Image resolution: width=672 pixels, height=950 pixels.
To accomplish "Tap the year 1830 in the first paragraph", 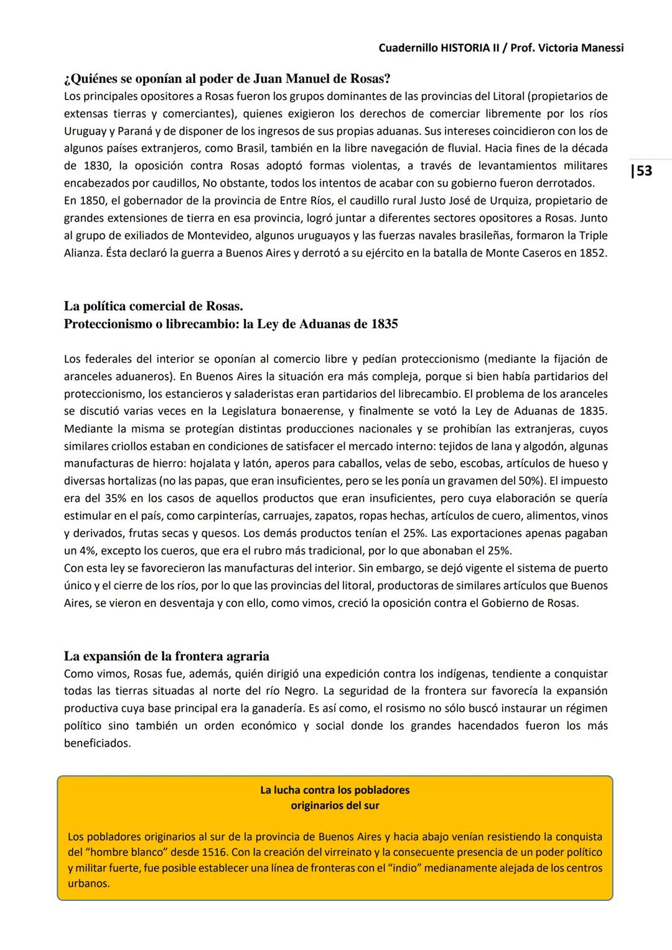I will tap(98, 166).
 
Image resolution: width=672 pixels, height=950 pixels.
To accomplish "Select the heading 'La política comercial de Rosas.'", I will tap(153, 306).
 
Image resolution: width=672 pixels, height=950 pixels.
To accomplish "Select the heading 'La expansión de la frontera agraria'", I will tap(167, 656).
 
